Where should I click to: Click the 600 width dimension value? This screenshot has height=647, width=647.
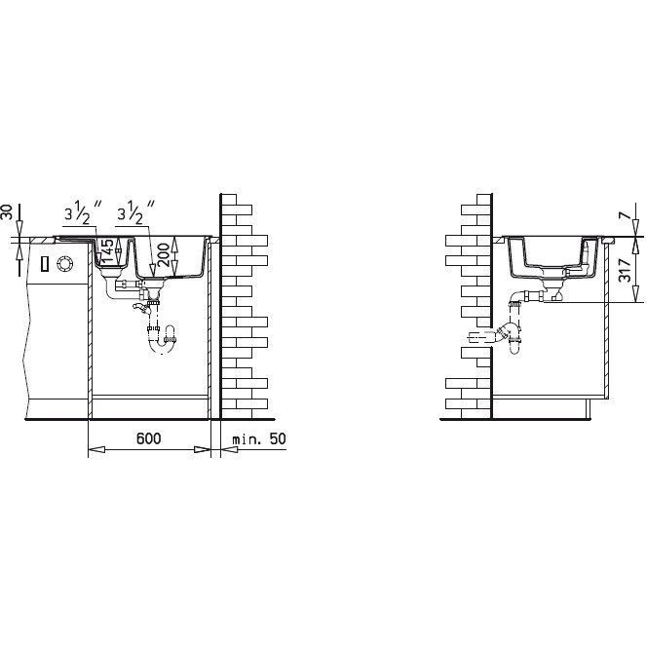(x=148, y=438)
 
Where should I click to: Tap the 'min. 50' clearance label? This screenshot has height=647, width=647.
(x=259, y=438)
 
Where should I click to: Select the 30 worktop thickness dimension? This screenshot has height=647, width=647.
(x=8, y=211)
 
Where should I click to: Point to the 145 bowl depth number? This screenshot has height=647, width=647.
(x=107, y=250)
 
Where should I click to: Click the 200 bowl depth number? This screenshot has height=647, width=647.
(x=164, y=254)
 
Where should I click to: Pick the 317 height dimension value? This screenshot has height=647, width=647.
(x=625, y=270)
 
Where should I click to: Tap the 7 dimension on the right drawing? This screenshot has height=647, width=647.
(x=625, y=215)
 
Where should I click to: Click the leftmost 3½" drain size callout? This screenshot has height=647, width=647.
(x=83, y=212)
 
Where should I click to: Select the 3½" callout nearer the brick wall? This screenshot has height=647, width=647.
(x=135, y=212)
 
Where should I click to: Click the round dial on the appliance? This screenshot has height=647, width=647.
(x=64, y=263)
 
